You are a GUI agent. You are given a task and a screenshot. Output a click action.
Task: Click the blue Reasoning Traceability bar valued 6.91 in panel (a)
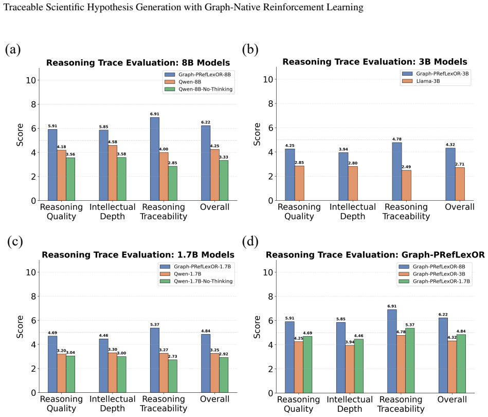(x=155, y=159)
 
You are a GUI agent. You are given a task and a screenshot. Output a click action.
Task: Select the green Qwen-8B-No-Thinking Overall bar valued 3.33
(x=224, y=181)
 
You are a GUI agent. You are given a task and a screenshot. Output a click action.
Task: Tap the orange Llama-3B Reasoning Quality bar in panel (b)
(x=299, y=183)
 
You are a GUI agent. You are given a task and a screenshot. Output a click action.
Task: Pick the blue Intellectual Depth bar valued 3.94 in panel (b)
(x=344, y=177)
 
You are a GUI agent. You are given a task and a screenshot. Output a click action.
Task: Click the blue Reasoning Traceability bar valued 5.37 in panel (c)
(x=155, y=360)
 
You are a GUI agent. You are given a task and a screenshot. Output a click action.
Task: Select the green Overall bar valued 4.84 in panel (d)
(x=461, y=363)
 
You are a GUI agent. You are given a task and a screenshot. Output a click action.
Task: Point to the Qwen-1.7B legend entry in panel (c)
(x=180, y=274)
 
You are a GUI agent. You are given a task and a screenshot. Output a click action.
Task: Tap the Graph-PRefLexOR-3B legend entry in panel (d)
(x=432, y=274)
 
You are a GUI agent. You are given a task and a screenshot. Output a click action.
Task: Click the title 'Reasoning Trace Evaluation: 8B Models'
(x=138, y=63)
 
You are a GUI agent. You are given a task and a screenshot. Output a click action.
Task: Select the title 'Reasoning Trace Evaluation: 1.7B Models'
(x=138, y=255)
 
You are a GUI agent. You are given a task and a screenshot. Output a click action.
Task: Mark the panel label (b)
(x=250, y=49)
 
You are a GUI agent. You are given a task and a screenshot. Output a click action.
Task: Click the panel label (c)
(x=15, y=241)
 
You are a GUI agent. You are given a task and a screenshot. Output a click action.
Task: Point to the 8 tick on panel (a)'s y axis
(x=33, y=105)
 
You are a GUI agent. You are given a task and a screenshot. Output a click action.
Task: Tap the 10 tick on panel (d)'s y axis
(x=267, y=272)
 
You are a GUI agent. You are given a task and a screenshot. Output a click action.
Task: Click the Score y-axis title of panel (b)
(x=257, y=134)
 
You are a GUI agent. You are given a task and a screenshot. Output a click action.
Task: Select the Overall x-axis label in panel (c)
(x=215, y=399)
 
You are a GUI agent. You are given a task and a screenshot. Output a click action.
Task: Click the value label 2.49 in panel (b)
(x=406, y=167)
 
